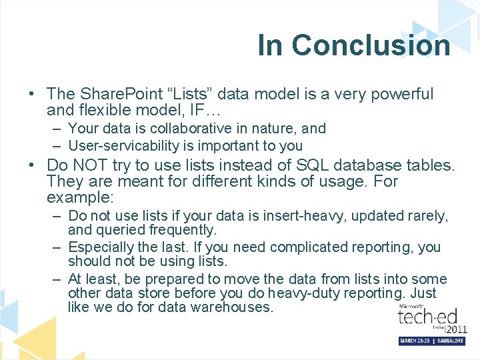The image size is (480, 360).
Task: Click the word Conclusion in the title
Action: pos(371,45)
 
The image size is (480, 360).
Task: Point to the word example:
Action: pos(81,198)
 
